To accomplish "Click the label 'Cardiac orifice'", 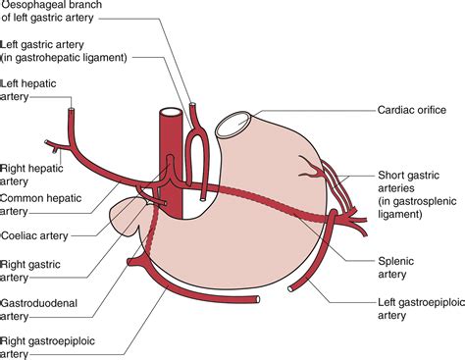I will [410, 111].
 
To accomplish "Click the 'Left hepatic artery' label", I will [27, 89].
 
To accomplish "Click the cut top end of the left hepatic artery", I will [72, 112].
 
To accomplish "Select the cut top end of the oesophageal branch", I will [195, 102].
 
